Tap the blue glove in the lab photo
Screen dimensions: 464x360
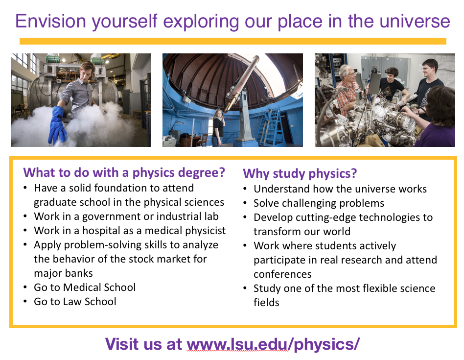(x=58, y=125)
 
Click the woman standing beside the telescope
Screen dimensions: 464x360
(x=218, y=128)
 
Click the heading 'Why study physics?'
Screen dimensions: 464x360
(x=300, y=173)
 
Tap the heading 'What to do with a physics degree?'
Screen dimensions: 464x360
(x=124, y=172)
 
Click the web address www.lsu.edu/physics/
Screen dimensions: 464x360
(x=273, y=344)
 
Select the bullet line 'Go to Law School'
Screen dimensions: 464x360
(x=75, y=301)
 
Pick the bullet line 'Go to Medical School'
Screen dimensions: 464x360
(x=85, y=287)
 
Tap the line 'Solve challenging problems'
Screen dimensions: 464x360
(x=319, y=203)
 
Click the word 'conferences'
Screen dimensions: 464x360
(x=282, y=274)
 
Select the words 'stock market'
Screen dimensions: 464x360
(x=160, y=259)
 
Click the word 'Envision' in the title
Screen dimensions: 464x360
(x=50, y=22)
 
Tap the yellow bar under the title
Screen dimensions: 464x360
(x=233, y=41)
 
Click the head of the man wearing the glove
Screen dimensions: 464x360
(x=86, y=71)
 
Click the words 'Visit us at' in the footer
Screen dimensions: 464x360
(x=143, y=344)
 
